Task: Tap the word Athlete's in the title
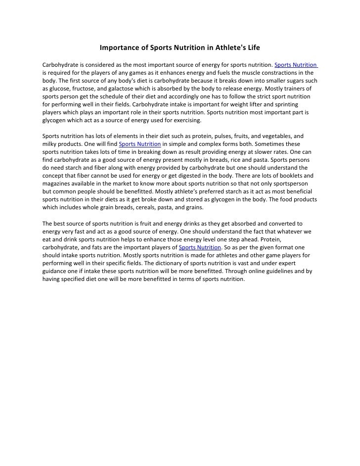[228, 48]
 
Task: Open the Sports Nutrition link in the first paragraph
[296, 65]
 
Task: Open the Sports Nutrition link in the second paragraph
[140, 144]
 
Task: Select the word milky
[50, 144]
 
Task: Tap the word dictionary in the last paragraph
[177, 263]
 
